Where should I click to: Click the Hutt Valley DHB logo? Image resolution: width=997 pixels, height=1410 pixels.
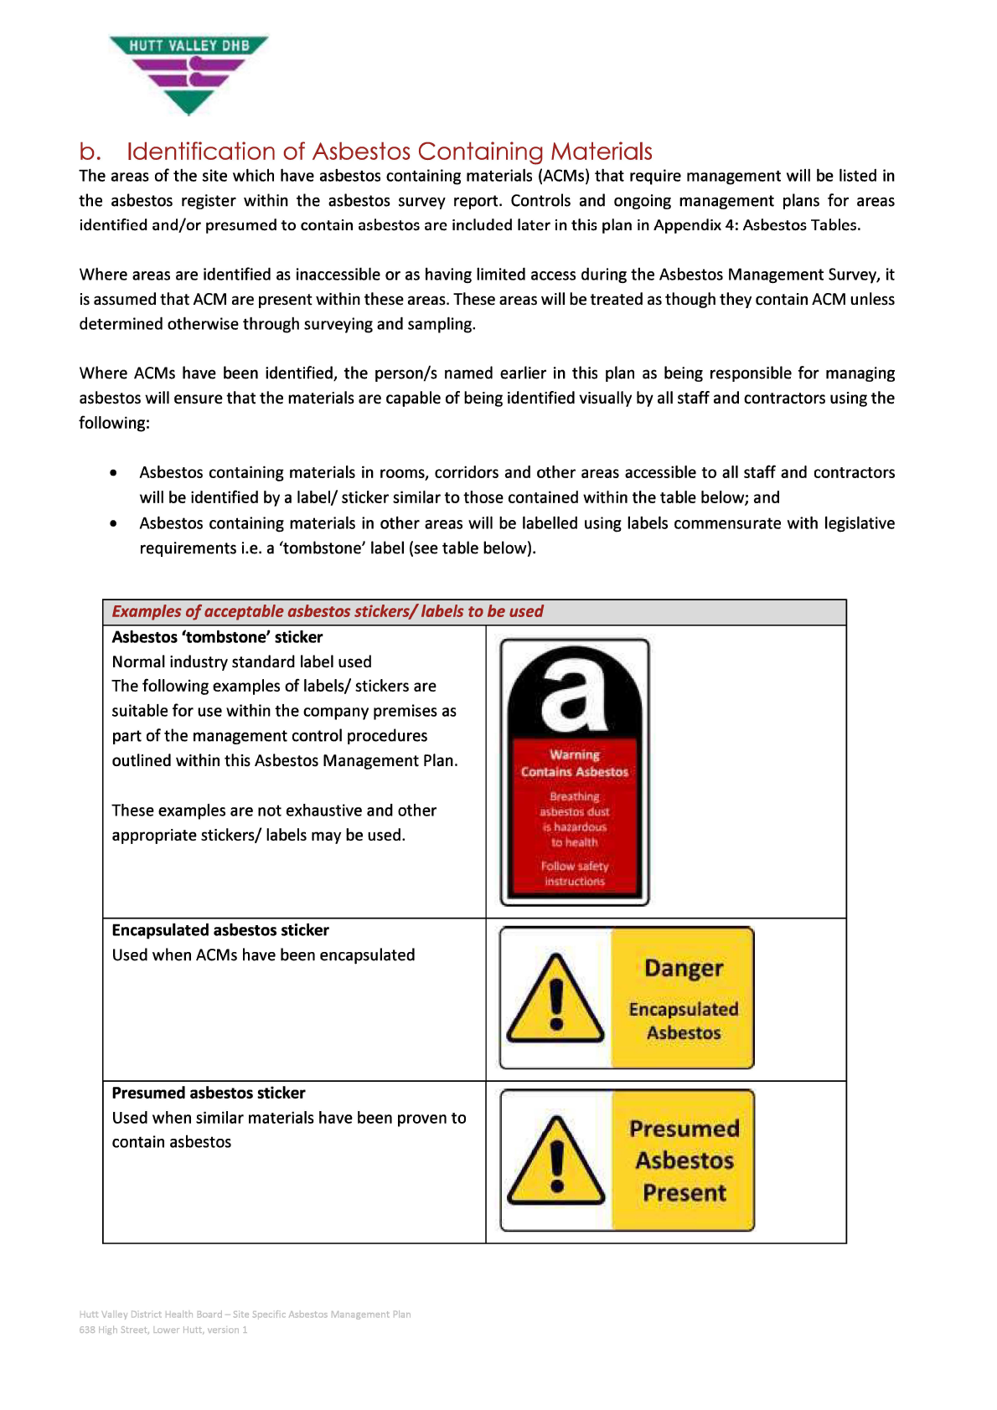(189, 74)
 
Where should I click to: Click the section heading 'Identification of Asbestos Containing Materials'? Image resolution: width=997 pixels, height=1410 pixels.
(389, 152)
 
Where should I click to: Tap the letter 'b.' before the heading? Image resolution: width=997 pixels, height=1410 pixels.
(90, 152)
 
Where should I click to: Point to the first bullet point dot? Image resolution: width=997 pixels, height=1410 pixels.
(113, 473)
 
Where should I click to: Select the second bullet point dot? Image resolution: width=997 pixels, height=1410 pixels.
(113, 523)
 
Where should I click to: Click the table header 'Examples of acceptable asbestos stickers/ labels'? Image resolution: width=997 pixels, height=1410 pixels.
(328, 611)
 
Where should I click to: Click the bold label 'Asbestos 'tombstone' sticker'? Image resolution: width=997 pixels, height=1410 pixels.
(217, 637)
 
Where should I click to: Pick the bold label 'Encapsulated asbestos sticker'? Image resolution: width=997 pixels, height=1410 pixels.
(220, 930)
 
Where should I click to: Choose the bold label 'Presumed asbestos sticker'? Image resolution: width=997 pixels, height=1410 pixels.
(209, 1093)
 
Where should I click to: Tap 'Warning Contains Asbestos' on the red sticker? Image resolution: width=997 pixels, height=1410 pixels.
(575, 764)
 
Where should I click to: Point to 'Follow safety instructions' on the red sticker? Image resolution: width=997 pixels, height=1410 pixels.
(575, 873)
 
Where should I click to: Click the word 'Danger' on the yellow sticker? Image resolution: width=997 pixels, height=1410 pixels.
(684, 969)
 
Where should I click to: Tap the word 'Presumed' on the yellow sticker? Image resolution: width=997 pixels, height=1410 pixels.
(684, 1129)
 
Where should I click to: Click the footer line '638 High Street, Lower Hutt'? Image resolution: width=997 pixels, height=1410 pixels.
(163, 1330)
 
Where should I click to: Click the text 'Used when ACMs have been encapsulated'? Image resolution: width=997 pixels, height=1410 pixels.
(263, 955)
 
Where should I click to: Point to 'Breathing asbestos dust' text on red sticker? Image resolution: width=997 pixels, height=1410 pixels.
(575, 804)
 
